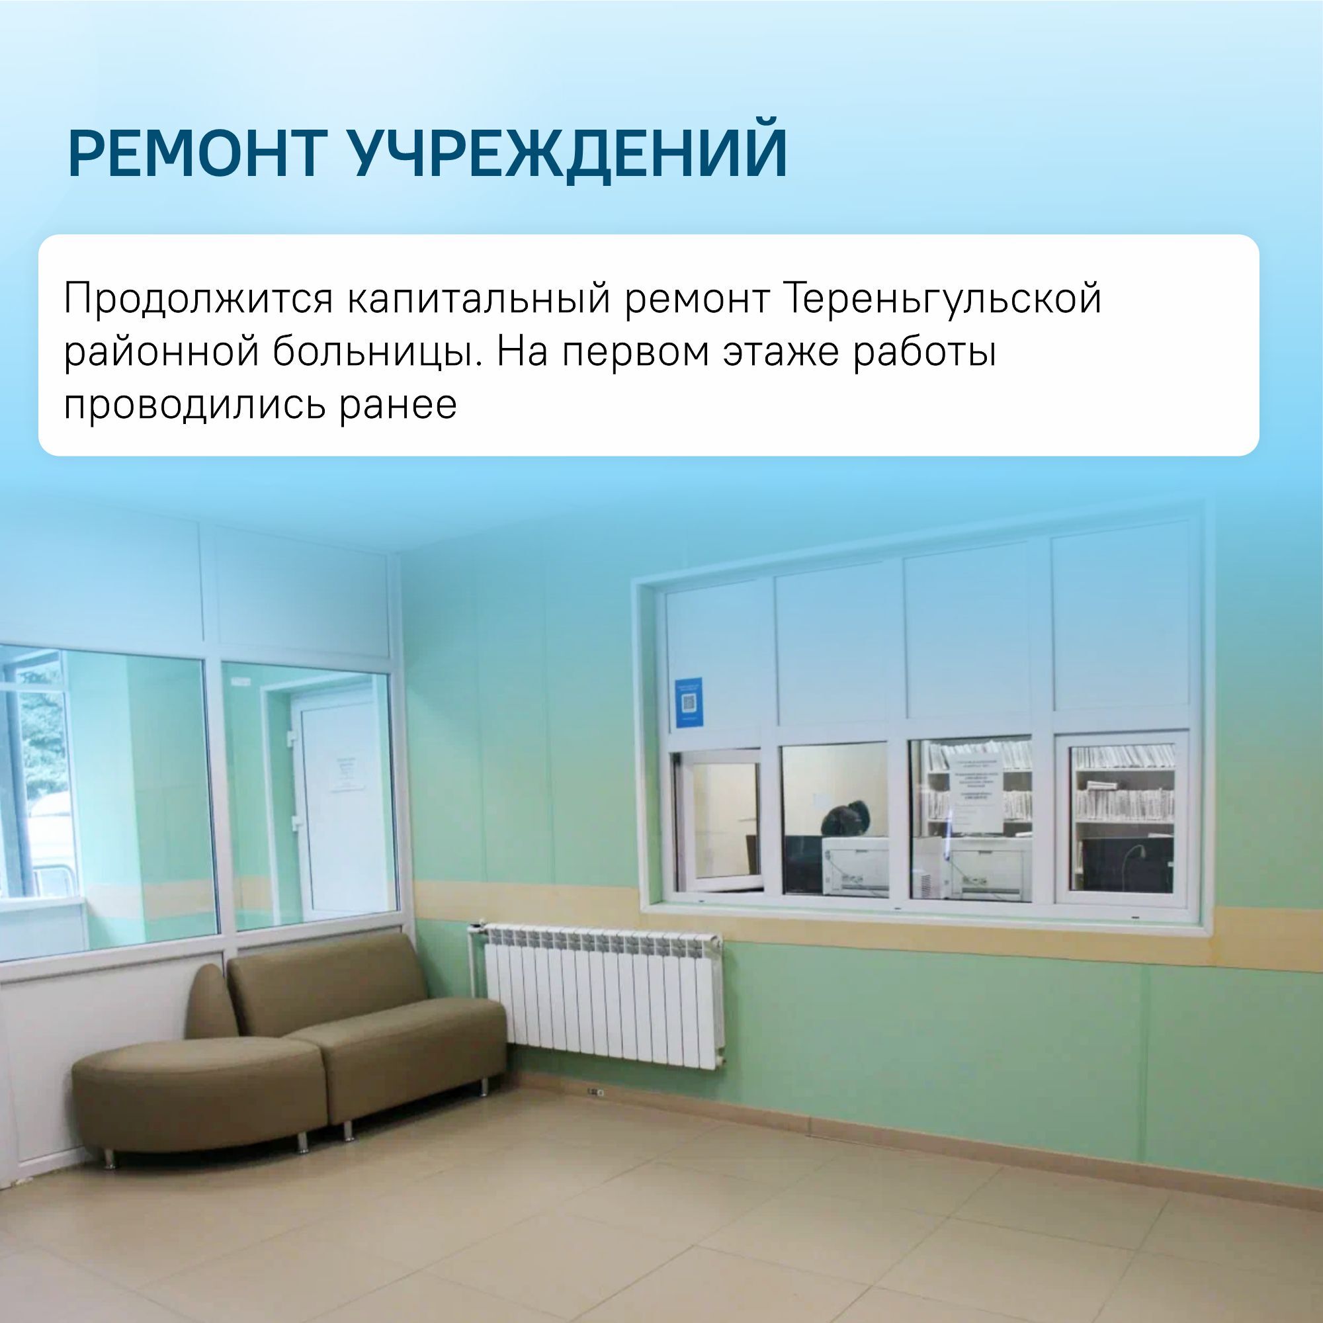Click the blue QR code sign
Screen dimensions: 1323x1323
(x=688, y=703)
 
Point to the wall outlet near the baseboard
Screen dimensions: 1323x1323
(x=595, y=1091)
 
